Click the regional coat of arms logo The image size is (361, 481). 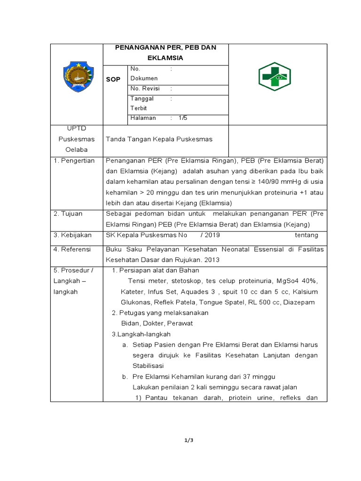pyautogui.click(x=77, y=77)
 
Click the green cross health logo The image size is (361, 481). pyautogui.click(x=275, y=77)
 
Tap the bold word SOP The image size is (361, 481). pyautogui.click(x=113, y=79)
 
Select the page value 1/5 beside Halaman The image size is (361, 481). pyautogui.click(x=183, y=118)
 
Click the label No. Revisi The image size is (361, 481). pyautogui.click(x=145, y=88)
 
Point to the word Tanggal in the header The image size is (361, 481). pyautogui.click(x=141, y=99)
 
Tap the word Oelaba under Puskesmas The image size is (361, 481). pyautogui.click(x=77, y=149)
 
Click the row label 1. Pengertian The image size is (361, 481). pyautogui.click(x=74, y=161)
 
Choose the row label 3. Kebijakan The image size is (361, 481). pyautogui.click(x=72, y=235)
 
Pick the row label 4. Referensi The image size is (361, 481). pyautogui.click(x=72, y=249)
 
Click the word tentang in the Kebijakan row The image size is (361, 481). pyautogui.click(x=306, y=235)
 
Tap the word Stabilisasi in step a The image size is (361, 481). pyautogui.click(x=149, y=365)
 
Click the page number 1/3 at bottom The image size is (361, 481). pyautogui.click(x=188, y=440)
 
